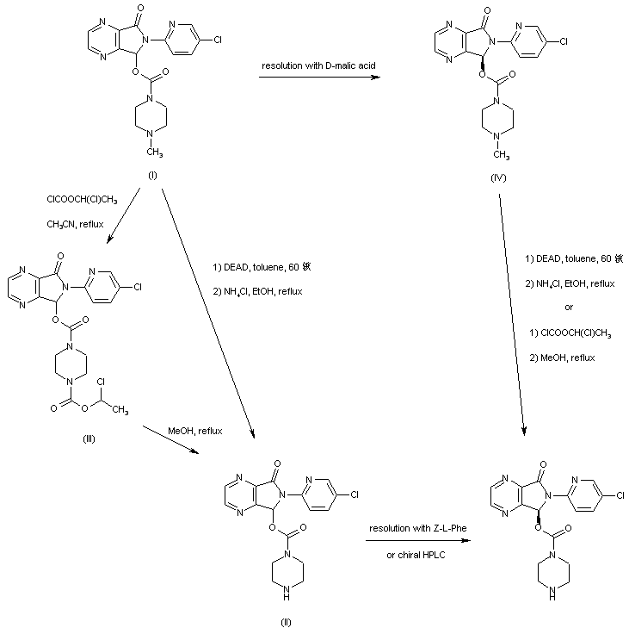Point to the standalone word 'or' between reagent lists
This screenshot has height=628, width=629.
coord(569,308)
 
